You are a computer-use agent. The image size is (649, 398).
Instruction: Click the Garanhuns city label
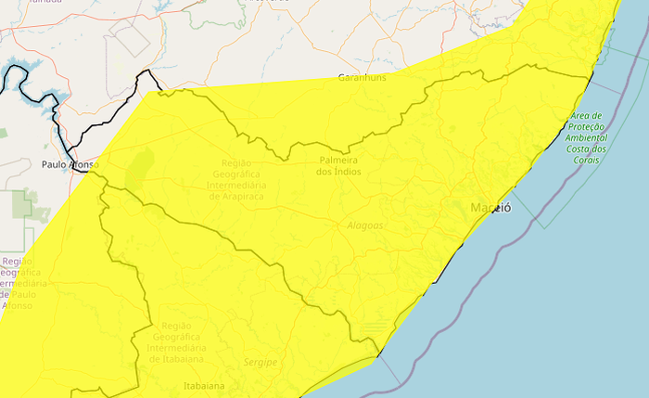[x=363, y=77]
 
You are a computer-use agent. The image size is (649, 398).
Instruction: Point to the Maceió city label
[x=490, y=207]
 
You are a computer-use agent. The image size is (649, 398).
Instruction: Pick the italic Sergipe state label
[x=261, y=362]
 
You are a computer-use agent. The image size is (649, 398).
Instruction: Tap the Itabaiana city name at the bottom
[x=205, y=385]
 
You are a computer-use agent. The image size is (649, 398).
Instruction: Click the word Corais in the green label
[x=587, y=160]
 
